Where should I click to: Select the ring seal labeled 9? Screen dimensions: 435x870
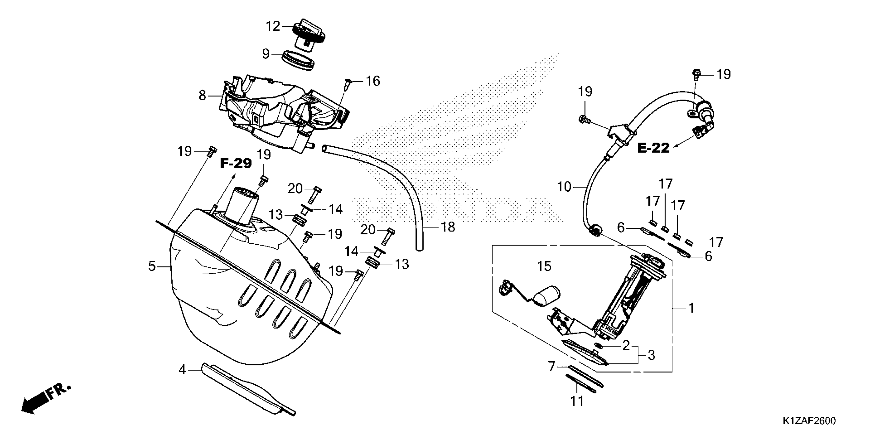point(298,60)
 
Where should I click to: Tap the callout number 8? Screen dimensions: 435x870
point(202,96)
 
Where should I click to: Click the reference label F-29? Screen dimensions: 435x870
point(236,164)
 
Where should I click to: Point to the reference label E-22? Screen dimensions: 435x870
point(653,148)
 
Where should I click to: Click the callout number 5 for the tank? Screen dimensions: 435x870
point(152,266)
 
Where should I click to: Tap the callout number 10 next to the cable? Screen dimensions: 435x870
point(564,187)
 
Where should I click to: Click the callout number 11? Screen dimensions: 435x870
point(577,401)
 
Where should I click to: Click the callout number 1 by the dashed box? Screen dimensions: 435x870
point(691,308)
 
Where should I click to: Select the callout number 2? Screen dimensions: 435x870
point(626,345)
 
